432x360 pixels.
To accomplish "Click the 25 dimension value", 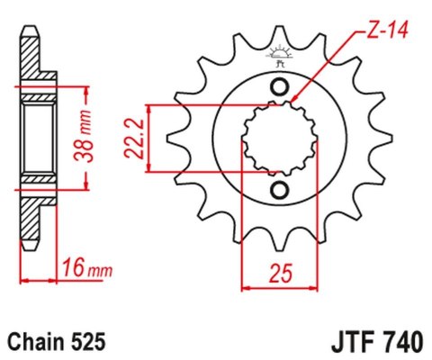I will pos(280,269).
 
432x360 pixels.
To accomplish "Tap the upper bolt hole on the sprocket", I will pos(280,87).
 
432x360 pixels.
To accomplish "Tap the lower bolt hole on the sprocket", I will pos(280,190).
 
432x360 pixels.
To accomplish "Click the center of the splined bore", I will pos(280,139).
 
